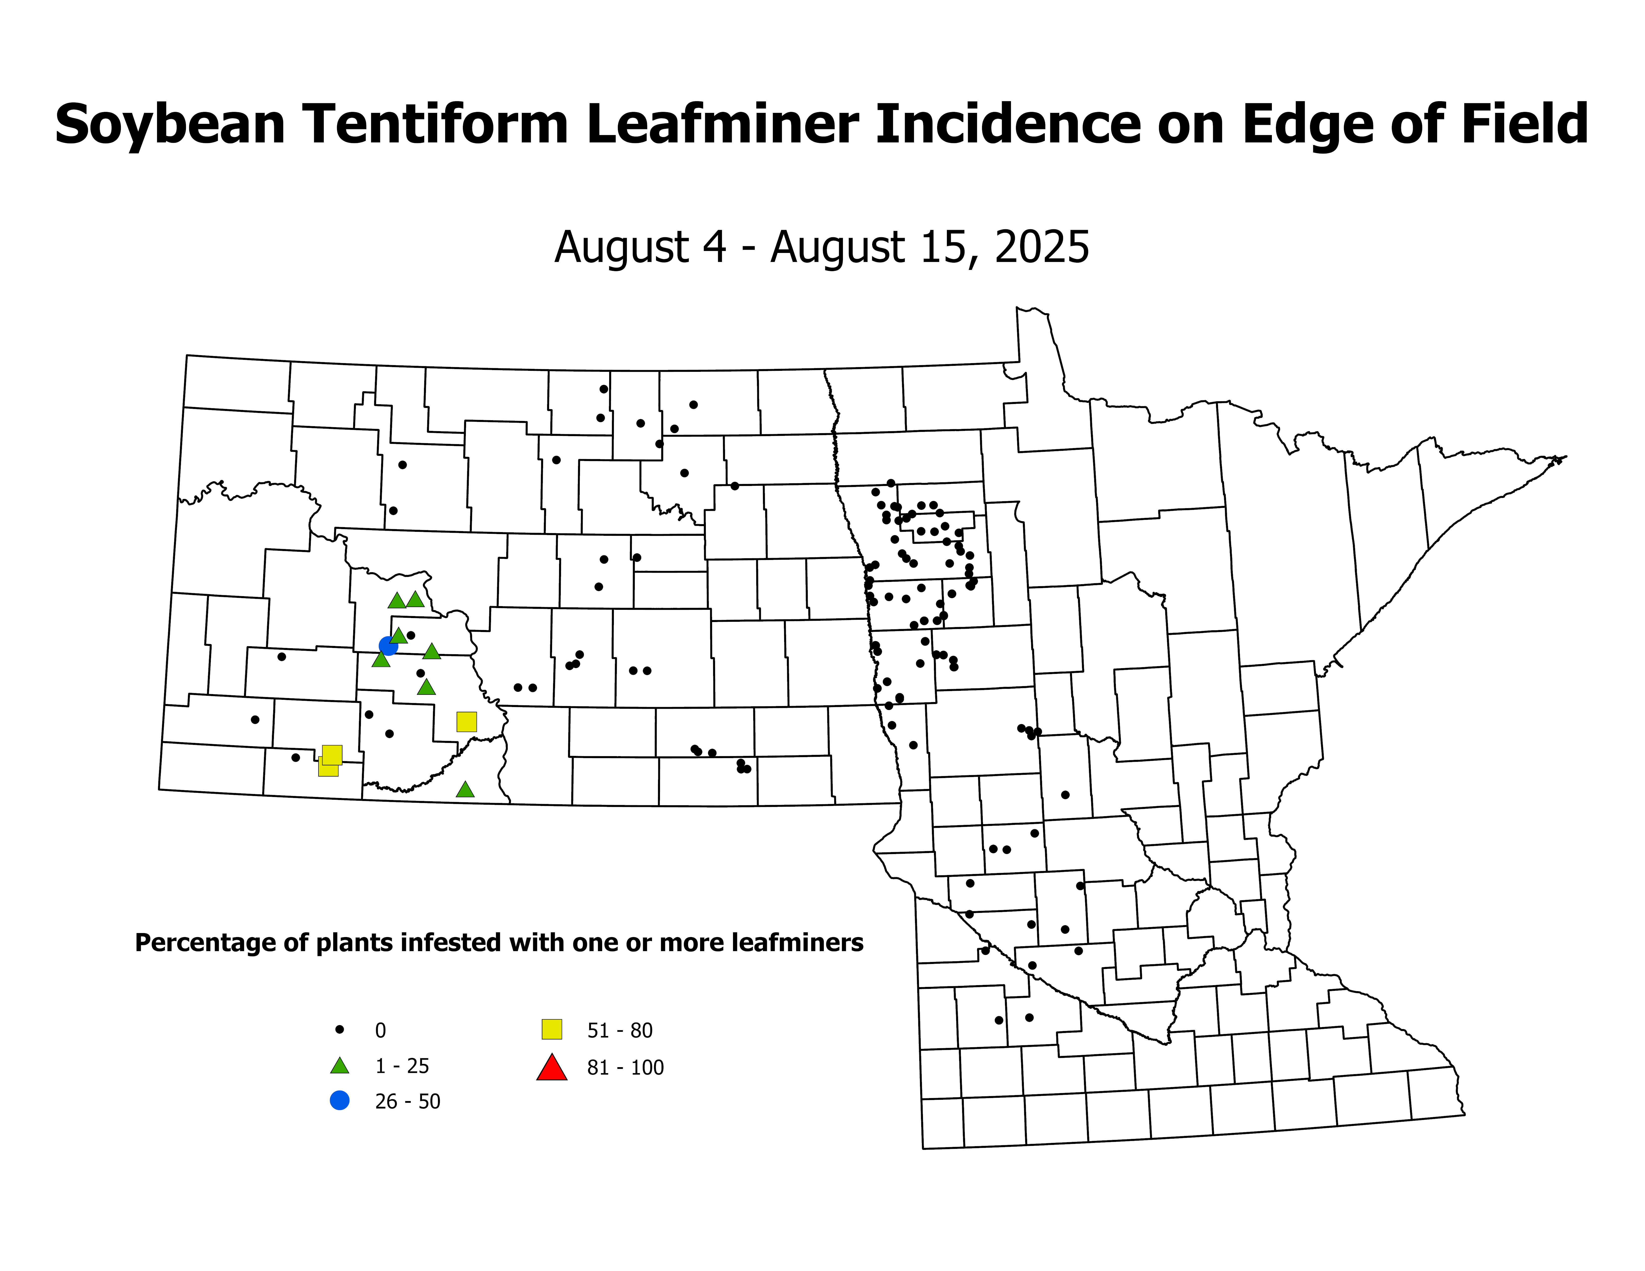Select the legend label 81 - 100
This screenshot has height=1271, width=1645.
(625, 1068)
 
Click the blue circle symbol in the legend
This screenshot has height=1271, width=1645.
(340, 1100)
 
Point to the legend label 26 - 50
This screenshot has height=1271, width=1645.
(408, 1102)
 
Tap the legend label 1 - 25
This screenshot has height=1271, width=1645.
(402, 1066)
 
